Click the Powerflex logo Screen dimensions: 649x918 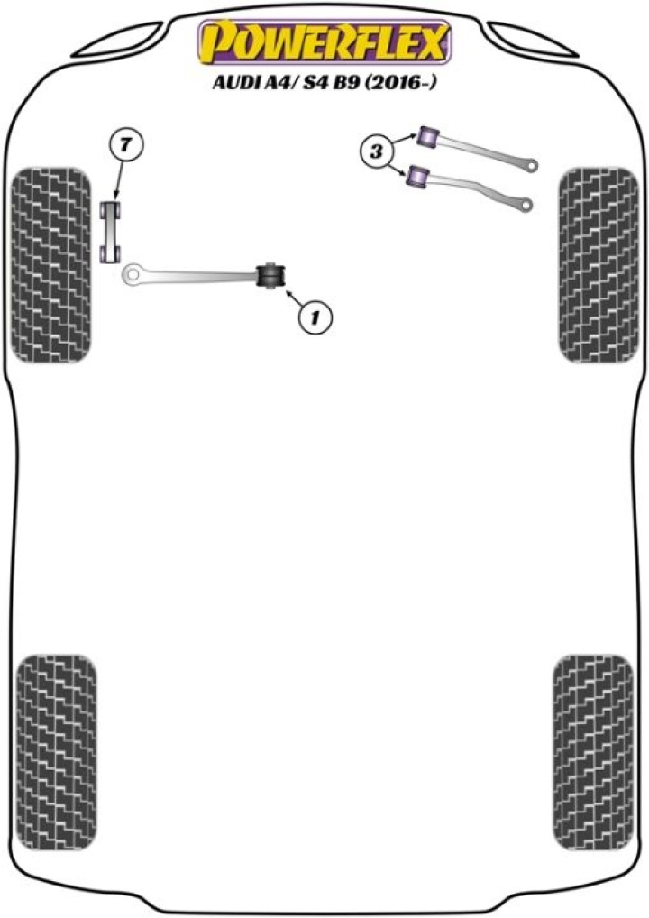(324, 41)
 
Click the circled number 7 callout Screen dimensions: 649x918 (126, 145)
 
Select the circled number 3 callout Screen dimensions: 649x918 (375, 151)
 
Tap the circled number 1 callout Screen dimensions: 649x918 (315, 318)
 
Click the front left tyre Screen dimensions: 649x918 (51, 265)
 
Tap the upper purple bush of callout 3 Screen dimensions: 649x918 (429, 138)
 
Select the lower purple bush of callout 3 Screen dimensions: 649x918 (418, 178)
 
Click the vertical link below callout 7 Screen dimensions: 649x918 (110, 232)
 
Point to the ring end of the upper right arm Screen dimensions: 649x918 (531, 166)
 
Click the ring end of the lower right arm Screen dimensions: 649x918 (526, 205)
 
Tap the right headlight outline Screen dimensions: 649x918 (533, 39)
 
